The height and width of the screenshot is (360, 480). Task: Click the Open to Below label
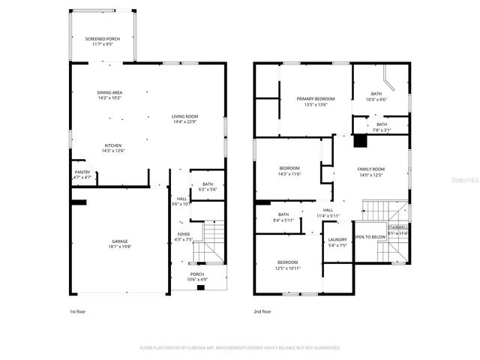pos(370,236)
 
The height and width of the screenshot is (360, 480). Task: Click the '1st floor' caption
pos(77,310)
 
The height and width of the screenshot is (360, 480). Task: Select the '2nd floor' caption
pos(262,310)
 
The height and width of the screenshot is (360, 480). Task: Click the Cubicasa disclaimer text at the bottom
pos(240,348)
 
